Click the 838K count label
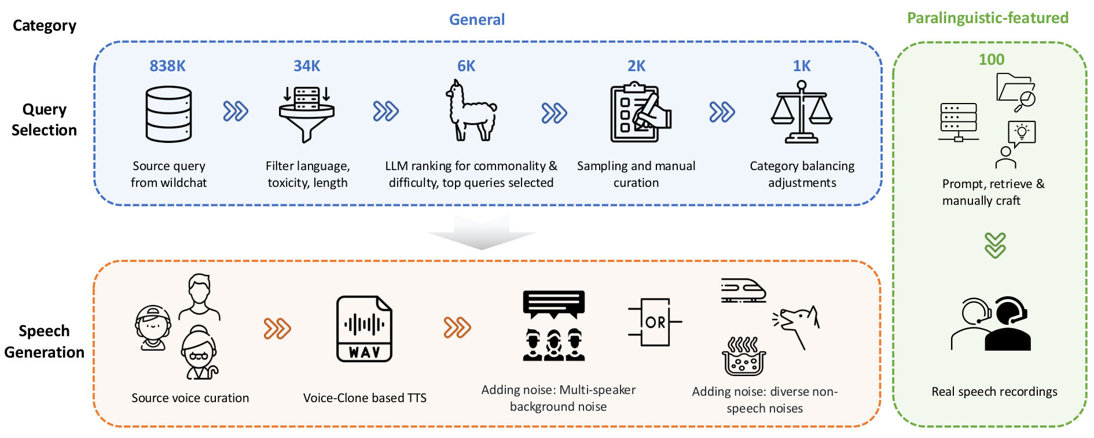coord(167,66)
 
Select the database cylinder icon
coord(168,114)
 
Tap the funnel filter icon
coord(307,114)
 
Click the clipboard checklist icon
coord(640,112)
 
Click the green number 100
coord(992,60)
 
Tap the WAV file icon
coord(364,329)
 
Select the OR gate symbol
coord(655,322)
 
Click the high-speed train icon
coord(743,290)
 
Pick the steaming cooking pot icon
coord(744,356)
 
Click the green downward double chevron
coord(995,245)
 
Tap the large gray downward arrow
coord(482,232)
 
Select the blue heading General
coord(477,20)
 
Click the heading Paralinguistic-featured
coord(987,18)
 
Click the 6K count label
coord(466,66)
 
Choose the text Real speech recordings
coord(994,392)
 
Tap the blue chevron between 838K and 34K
coord(236,111)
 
